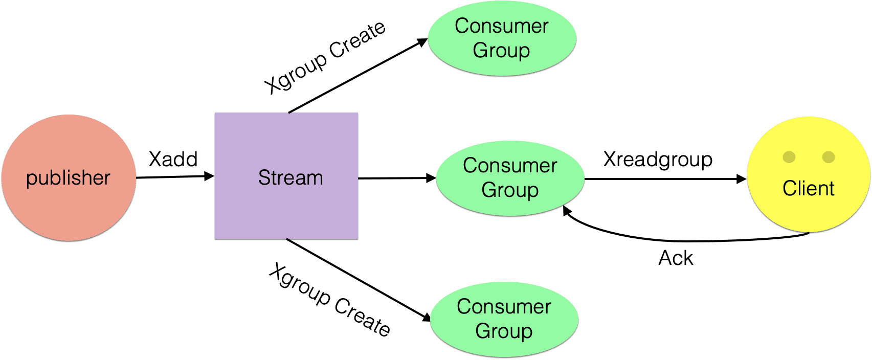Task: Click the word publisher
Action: [x=68, y=178]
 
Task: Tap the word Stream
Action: [x=290, y=178]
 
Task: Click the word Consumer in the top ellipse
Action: [x=501, y=26]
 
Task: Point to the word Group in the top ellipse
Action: [x=501, y=51]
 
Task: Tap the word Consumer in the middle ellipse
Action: [x=510, y=166]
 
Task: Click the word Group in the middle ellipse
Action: [x=510, y=190]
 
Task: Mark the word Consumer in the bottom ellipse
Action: [x=504, y=307]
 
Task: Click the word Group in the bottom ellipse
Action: [x=504, y=331]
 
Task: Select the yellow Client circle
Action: [x=808, y=215]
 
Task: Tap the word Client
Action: [x=808, y=189]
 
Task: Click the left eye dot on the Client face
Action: [x=789, y=157]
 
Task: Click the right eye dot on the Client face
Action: [x=829, y=157]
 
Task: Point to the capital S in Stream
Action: [x=264, y=178]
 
